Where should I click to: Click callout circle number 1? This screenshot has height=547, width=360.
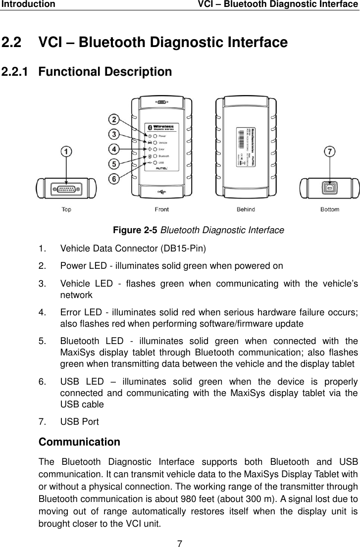click(66, 152)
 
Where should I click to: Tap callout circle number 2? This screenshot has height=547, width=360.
click(114, 120)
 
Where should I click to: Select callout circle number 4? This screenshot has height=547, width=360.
click(114, 149)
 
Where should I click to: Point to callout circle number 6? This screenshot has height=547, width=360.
click(114, 178)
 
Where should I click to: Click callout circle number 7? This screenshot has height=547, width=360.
click(329, 151)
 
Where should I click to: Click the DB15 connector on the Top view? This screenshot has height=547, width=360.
click(66, 189)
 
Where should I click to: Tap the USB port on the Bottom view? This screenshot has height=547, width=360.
click(329, 189)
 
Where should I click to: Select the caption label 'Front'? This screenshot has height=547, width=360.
click(161, 209)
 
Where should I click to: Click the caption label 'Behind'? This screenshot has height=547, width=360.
click(246, 209)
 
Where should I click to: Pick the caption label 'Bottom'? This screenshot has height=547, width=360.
click(330, 209)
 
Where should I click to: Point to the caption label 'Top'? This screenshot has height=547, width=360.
click(66, 209)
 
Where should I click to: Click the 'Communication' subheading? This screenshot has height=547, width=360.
click(79, 442)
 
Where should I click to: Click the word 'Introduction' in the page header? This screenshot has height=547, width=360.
click(28, 4)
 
